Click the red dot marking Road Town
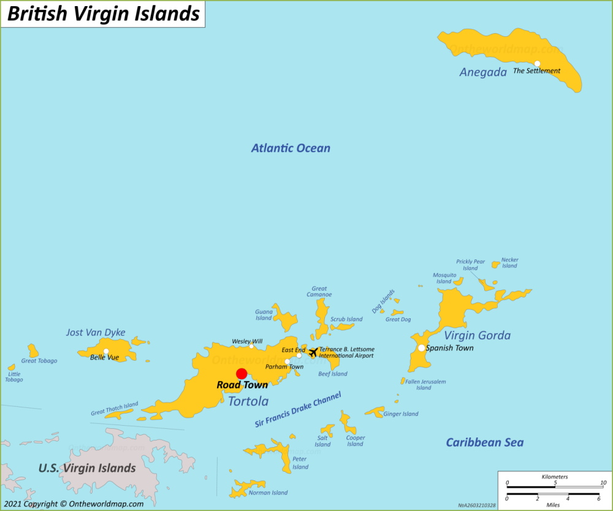click(x=242, y=374)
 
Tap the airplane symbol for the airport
click(x=313, y=353)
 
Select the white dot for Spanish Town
click(x=421, y=348)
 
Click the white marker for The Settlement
click(x=537, y=63)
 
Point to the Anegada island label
click(x=483, y=72)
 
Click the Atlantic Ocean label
click(x=291, y=148)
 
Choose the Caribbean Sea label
click(x=484, y=442)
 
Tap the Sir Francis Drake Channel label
click(x=298, y=410)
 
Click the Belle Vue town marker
click(x=106, y=352)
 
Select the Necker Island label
click(x=509, y=263)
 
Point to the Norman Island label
click(x=268, y=493)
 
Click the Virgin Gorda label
click(x=477, y=336)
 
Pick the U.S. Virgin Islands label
click(x=87, y=468)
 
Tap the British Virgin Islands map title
click(x=103, y=14)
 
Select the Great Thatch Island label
click(x=115, y=409)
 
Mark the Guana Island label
click(x=264, y=315)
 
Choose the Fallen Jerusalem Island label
click(x=425, y=385)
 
